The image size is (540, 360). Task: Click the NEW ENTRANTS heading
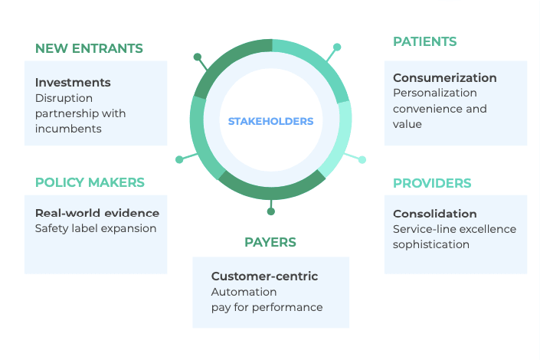[89, 48]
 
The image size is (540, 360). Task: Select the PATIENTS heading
[424, 41]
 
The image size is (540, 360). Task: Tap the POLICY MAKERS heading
[90, 182]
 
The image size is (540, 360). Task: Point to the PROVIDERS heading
[432, 183]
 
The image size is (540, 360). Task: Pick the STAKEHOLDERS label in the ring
[270, 121]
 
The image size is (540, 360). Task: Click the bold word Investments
[73, 82]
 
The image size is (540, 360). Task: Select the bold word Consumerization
[444, 77]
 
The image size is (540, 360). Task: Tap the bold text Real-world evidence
[97, 213]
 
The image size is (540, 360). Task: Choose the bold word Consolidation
[434, 214]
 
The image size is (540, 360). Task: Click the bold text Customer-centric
[264, 276]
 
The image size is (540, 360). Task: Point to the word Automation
[244, 292]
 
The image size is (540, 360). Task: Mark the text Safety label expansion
[96, 228]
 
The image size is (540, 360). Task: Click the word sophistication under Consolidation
[430, 244]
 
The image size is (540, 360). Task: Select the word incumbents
[68, 129]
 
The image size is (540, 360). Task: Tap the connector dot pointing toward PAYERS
[270, 211]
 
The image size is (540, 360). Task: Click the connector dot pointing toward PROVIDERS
[362, 159]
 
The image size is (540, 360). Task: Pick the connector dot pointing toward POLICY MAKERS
[179, 159]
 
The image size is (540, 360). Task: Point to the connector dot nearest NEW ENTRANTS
[198, 57]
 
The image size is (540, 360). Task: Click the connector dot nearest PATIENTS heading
[337, 47]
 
